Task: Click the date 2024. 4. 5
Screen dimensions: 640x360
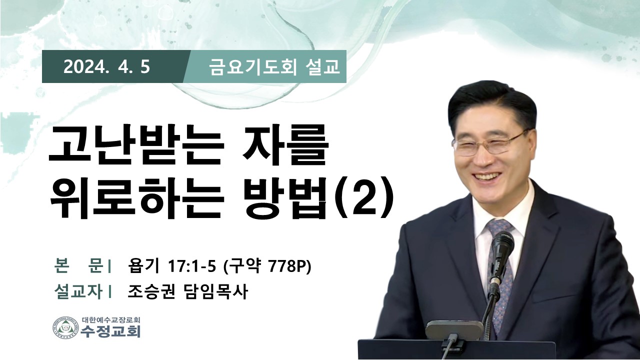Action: coord(106,67)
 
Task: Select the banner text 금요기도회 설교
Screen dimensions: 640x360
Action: coord(274,67)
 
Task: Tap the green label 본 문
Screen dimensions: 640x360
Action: coord(78,267)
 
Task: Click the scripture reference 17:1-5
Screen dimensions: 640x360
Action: coord(191,267)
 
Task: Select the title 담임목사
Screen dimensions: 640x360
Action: coord(214,292)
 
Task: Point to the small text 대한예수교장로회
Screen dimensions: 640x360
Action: coord(111,319)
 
